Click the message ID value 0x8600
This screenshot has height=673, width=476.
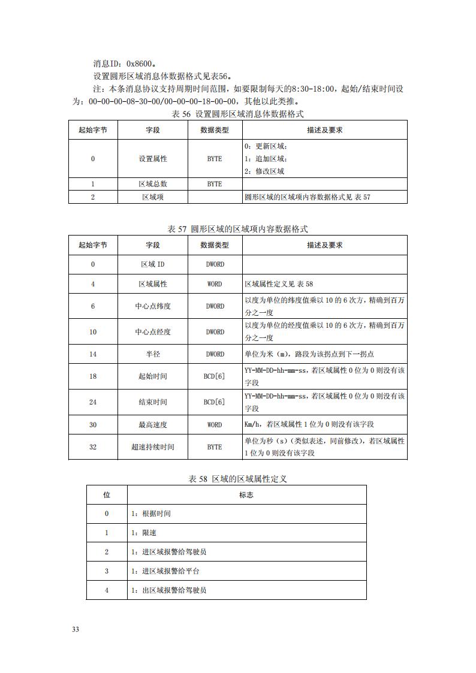pyautogui.click(x=141, y=63)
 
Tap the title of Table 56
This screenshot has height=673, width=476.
pyautogui.click(x=238, y=114)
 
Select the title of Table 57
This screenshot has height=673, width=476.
pyautogui.click(x=238, y=229)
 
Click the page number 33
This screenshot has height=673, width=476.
pyautogui.click(x=76, y=629)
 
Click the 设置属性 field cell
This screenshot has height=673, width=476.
pyautogui.click(x=153, y=159)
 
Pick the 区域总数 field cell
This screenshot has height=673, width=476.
pyautogui.click(x=153, y=185)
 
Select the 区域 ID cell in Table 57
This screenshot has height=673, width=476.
pyautogui.click(x=153, y=264)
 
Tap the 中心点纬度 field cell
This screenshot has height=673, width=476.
pyautogui.click(x=153, y=306)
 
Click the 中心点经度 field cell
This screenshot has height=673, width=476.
pyautogui.click(x=153, y=332)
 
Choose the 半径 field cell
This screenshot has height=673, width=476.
pyautogui.click(x=153, y=354)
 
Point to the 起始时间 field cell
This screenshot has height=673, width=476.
pyautogui.click(x=153, y=376)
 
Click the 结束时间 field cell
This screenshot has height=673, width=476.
pyautogui.click(x=153, y=402)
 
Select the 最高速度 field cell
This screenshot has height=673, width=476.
pyautogui.click(x=153, y=424)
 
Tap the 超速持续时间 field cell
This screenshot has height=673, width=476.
pyautogui.click(x=153, y=447)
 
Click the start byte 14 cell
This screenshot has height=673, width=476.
pyautogui.click(x=93, y=354)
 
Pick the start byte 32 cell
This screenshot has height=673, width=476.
pyautogui.click(x=93, y=447)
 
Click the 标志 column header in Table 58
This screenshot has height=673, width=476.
pyautogui.click(x=246, y=495)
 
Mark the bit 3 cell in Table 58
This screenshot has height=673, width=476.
pyautogui.click(x=107, y=571)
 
